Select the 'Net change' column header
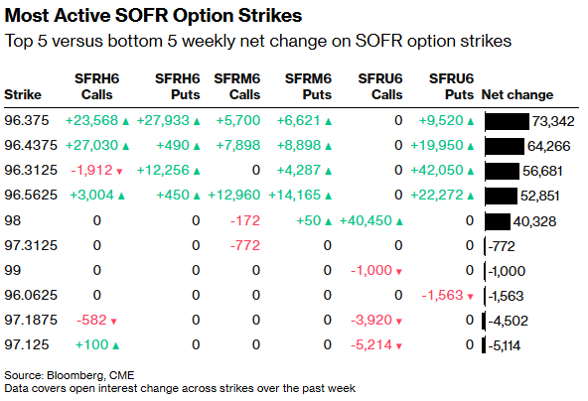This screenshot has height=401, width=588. pyautogui.click(x=516, y=95)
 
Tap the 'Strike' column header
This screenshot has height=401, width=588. pyautogui.click(x=23, y=95)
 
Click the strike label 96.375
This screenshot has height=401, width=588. pyautogui.click(x=27, y=120)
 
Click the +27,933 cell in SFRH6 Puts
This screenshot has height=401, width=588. pyautogui.click(x=168, y=120)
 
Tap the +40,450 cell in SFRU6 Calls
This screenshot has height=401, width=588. pyautogui.click(x=370, y=219)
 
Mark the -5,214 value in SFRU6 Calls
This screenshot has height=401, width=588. pyautogui.click(x=377, y=343)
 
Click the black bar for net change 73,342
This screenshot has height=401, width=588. pyautogui.click(x=507, y=120)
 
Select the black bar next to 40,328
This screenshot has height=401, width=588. pyautogui.click(x=497, y=219)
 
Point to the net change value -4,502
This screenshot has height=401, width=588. pyautogui.click(x=505, y=319)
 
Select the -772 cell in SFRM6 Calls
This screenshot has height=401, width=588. pyautogui.click(x=244, y=244)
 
